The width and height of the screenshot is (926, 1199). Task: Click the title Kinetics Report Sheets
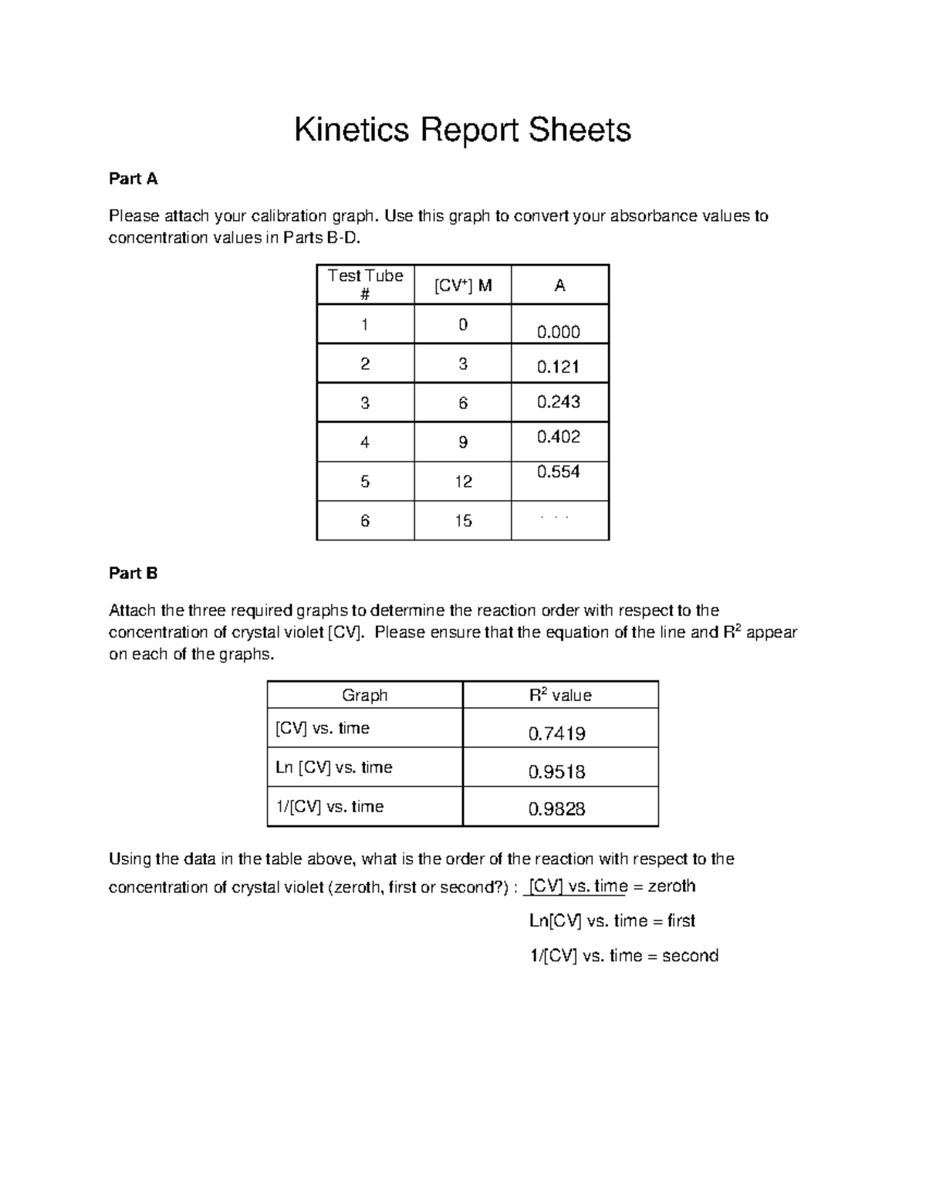pos(462,130)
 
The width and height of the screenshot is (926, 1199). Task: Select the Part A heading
pos(133,179)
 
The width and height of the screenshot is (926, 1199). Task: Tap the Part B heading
pos(133,573)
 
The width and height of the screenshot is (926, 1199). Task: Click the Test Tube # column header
pos(365,285)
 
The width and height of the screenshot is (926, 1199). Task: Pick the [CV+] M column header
pos(462,286)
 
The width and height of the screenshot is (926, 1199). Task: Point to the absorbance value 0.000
pos(559,332)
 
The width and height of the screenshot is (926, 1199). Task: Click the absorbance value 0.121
pos(559,367)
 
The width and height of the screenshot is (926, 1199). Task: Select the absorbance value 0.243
pos(559,401)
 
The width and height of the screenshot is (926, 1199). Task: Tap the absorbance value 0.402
pos(559,437)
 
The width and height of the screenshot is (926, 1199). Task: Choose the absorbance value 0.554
pos(559,472)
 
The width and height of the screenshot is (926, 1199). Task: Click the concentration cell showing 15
pos(462,521)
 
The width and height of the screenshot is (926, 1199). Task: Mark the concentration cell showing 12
pos(462,482)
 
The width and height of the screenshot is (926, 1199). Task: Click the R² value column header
pos(560,695)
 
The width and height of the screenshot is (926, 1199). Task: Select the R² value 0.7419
pos(556,733)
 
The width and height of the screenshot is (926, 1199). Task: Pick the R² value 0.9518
pos(556,772)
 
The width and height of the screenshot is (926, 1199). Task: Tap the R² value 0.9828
pos(556,809)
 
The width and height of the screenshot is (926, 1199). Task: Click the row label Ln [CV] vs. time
pos(333,767)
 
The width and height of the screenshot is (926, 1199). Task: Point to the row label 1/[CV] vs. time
pos(330,807)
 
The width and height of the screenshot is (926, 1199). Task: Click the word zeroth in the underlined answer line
pos(671,886)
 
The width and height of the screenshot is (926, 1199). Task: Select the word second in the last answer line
pos(690,956)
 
